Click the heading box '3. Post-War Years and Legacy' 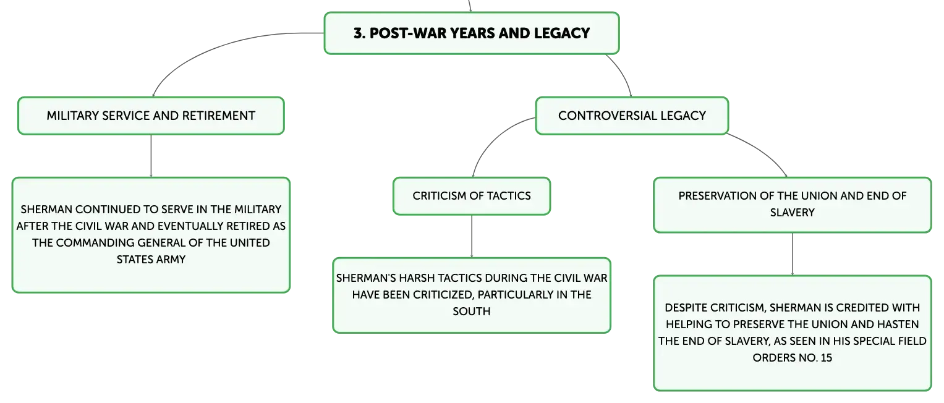[x=472, y=33]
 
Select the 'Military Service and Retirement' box [x=151, y=116]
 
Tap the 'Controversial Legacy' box [x=632, y=116]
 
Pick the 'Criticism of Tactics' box [x=472, y=196]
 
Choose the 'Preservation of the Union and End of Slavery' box [x=793, y=205]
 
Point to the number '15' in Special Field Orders [x=826, y=358]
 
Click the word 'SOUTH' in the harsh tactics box [x=472, y=312]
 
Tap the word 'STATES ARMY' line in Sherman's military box [x=151, y=260]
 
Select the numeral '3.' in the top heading [x=359, y=33]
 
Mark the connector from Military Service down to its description [x=151, y=156]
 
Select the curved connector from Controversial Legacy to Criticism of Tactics [x=494, y=138]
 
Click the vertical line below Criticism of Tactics [x=472, y=237]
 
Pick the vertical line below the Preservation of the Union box [x=793, y=254]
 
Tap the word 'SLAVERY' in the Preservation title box [x=793, y=213]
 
